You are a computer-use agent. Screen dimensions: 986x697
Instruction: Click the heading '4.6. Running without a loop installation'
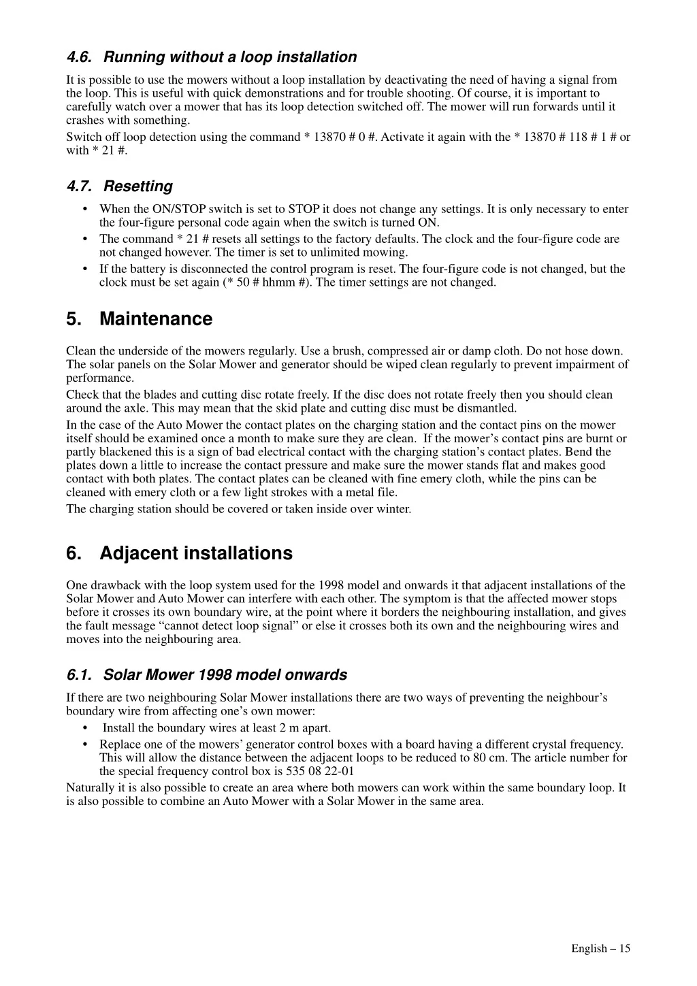211,57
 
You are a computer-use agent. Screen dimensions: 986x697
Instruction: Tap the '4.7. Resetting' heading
119,186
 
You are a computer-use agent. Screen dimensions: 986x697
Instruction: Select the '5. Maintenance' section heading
139,319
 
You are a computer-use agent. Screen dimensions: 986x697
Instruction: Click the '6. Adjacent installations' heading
179,553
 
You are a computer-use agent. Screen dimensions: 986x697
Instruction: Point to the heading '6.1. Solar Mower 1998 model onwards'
206,675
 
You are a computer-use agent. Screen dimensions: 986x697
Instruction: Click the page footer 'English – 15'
600,949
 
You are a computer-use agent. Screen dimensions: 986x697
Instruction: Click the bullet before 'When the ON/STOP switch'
84,209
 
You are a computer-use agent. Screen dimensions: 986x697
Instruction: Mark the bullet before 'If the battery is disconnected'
84,269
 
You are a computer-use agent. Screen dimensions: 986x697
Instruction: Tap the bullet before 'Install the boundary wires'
84,728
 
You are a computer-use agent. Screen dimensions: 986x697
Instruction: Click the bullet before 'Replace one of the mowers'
84,744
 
